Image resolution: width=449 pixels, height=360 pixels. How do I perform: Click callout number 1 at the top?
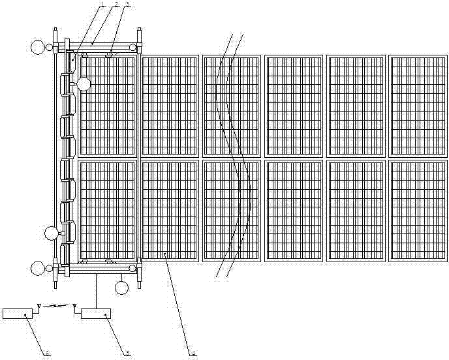click(x=103, y=4)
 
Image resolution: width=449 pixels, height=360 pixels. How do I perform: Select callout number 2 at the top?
click(x=116, y=4)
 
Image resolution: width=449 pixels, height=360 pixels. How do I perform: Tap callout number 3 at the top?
click(x=128, y=4)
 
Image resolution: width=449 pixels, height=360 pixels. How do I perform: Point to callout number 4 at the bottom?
click(x=194, y=353)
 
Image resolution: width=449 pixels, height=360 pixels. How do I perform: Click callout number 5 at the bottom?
click(x=127, y=353)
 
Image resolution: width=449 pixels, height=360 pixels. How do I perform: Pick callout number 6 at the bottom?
click(x=47, y=353)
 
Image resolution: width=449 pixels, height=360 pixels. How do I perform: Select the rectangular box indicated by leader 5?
click(x=95, y=314)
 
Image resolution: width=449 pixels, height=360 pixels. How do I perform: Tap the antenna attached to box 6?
click(x=39, y=305)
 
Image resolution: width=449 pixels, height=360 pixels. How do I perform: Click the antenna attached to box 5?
click(x=74, y=305)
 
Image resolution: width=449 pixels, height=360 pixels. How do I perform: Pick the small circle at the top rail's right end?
click(x=132, y=47)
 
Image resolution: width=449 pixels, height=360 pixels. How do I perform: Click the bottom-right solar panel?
click(x=418, y=211)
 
